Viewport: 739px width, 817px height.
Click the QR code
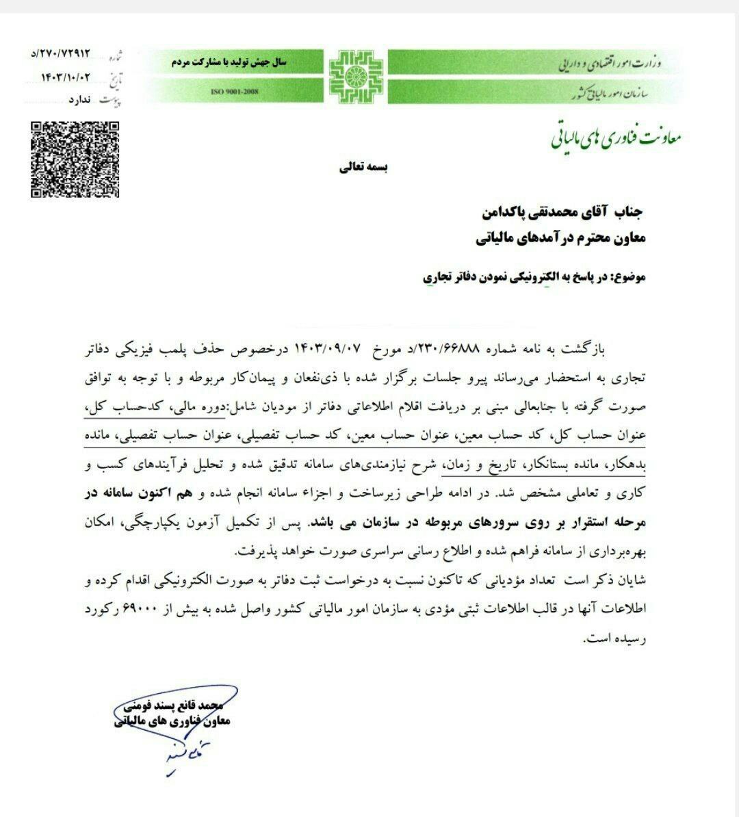pyautogui.click(x=75, y=159)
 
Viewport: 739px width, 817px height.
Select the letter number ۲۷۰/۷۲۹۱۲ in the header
pyautogui.click(x=65, y=52)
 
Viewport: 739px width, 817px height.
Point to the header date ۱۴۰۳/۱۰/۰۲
pyautogui.click(x=65, y=77)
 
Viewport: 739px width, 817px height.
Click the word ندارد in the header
pyautogui.click(x=81, y=101)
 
